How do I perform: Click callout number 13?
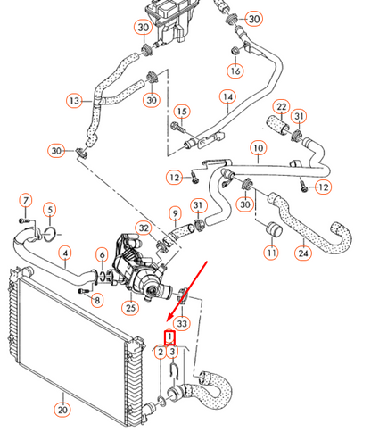tap(74, 100)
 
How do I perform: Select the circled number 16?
tap(235, 71)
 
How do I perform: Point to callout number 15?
tap(182, 112)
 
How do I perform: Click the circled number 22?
tap(281, 108)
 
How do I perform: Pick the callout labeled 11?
tap(270, 253)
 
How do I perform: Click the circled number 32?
tap(144, 228)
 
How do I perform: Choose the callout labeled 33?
tap(182, 322)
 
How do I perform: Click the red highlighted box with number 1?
tap(169, 338)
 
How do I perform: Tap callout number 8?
tap(96, 300)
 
